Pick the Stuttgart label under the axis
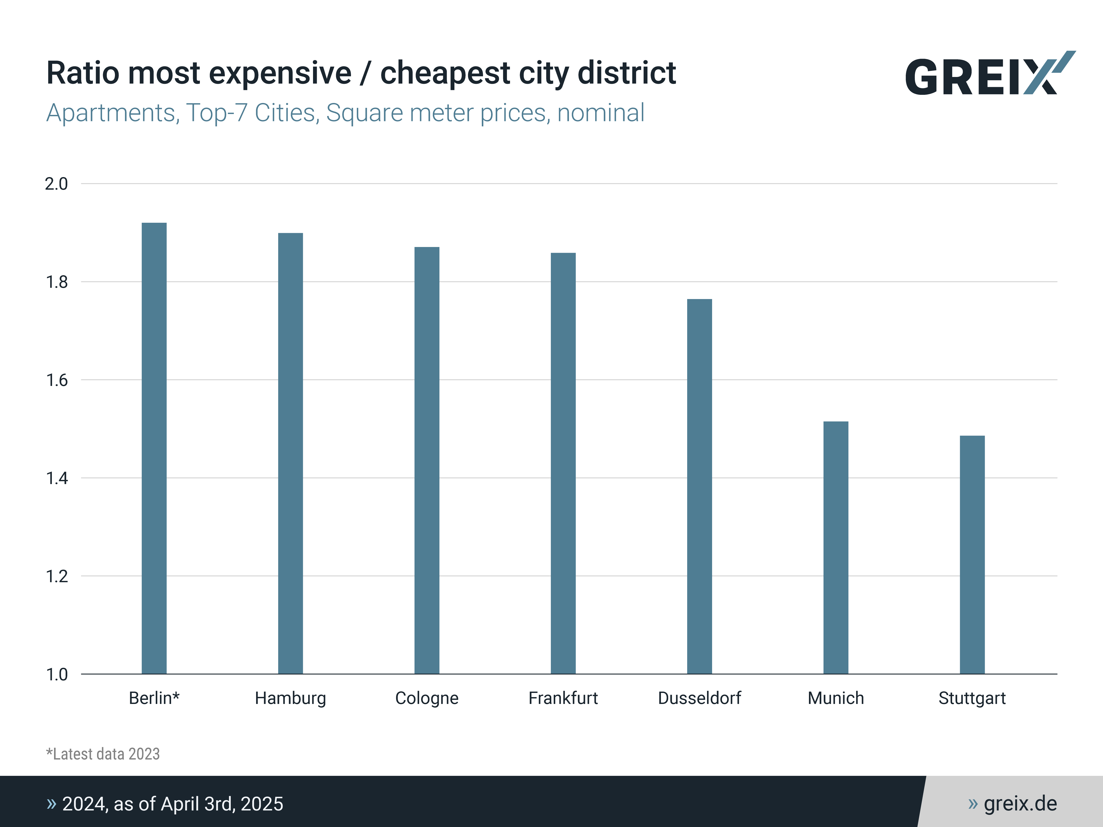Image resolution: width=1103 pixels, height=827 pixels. (x=972, y=698)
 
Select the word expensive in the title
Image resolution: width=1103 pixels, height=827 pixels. (x=280, y=73)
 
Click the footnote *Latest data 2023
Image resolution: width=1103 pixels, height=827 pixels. (x=103, y=754)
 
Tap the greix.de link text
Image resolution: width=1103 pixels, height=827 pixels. (x=1020, y=804)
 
